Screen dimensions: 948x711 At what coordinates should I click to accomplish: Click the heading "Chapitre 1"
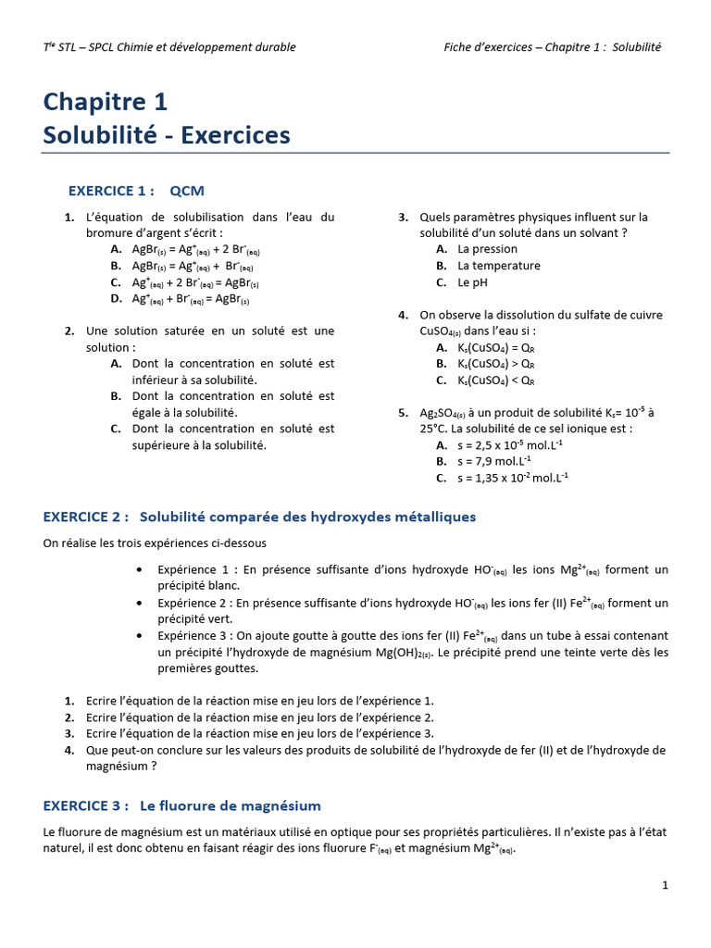105,101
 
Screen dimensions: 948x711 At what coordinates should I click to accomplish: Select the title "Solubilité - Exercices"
167,135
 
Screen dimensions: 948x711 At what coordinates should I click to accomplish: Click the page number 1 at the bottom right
665,885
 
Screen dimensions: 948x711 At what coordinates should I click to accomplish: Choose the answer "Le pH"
473,282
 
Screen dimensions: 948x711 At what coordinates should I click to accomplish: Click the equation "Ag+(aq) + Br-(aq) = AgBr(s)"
191,299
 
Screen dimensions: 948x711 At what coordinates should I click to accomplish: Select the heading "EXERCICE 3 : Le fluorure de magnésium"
182,806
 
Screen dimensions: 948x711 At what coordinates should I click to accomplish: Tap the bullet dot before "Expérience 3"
139,636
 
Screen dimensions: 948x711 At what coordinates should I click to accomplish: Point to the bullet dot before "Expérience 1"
139,569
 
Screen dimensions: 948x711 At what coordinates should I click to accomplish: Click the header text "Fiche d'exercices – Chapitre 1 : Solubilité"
553,46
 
